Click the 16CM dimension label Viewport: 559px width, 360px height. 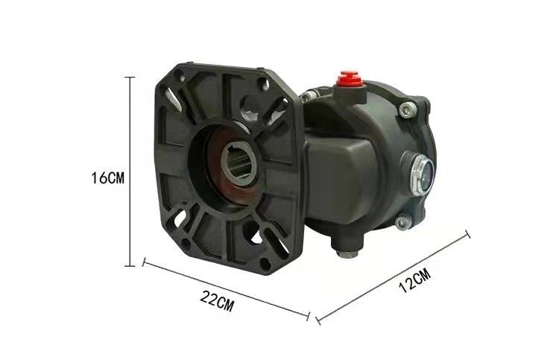click(x=108, y=177)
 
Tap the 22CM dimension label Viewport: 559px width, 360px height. click(x=217, y=301)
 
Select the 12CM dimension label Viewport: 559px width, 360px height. click(x=414, y=280)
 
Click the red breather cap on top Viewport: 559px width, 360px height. click(x=349, y=79)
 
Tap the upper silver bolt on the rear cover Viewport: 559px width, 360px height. click(x=408, y=110)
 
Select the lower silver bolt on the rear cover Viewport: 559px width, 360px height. click(x=403, y=223)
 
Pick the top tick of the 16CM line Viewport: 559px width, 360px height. click(x=130, y=77)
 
